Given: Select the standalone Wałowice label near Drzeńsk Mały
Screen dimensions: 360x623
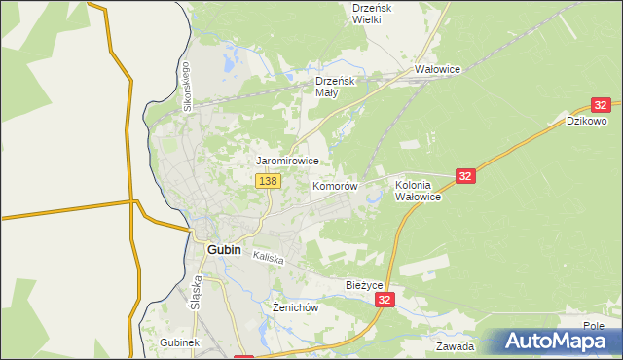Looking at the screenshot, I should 437,70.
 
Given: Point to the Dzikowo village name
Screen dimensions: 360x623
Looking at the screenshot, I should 587,122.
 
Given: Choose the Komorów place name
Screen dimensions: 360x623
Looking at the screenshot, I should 336,185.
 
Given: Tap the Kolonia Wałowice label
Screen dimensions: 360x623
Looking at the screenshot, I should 419,190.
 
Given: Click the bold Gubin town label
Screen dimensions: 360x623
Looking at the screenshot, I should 224,249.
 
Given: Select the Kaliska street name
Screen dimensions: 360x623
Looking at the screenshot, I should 268,258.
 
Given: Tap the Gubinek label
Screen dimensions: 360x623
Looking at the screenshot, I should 179,343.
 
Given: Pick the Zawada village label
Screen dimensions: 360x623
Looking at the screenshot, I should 456,346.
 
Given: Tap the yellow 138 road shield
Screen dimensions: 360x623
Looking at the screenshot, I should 269,181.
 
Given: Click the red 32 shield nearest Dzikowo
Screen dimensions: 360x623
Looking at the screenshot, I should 601,105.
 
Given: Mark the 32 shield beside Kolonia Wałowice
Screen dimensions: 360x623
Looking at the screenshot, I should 465,176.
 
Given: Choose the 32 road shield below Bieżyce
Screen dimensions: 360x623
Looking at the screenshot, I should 386,302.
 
